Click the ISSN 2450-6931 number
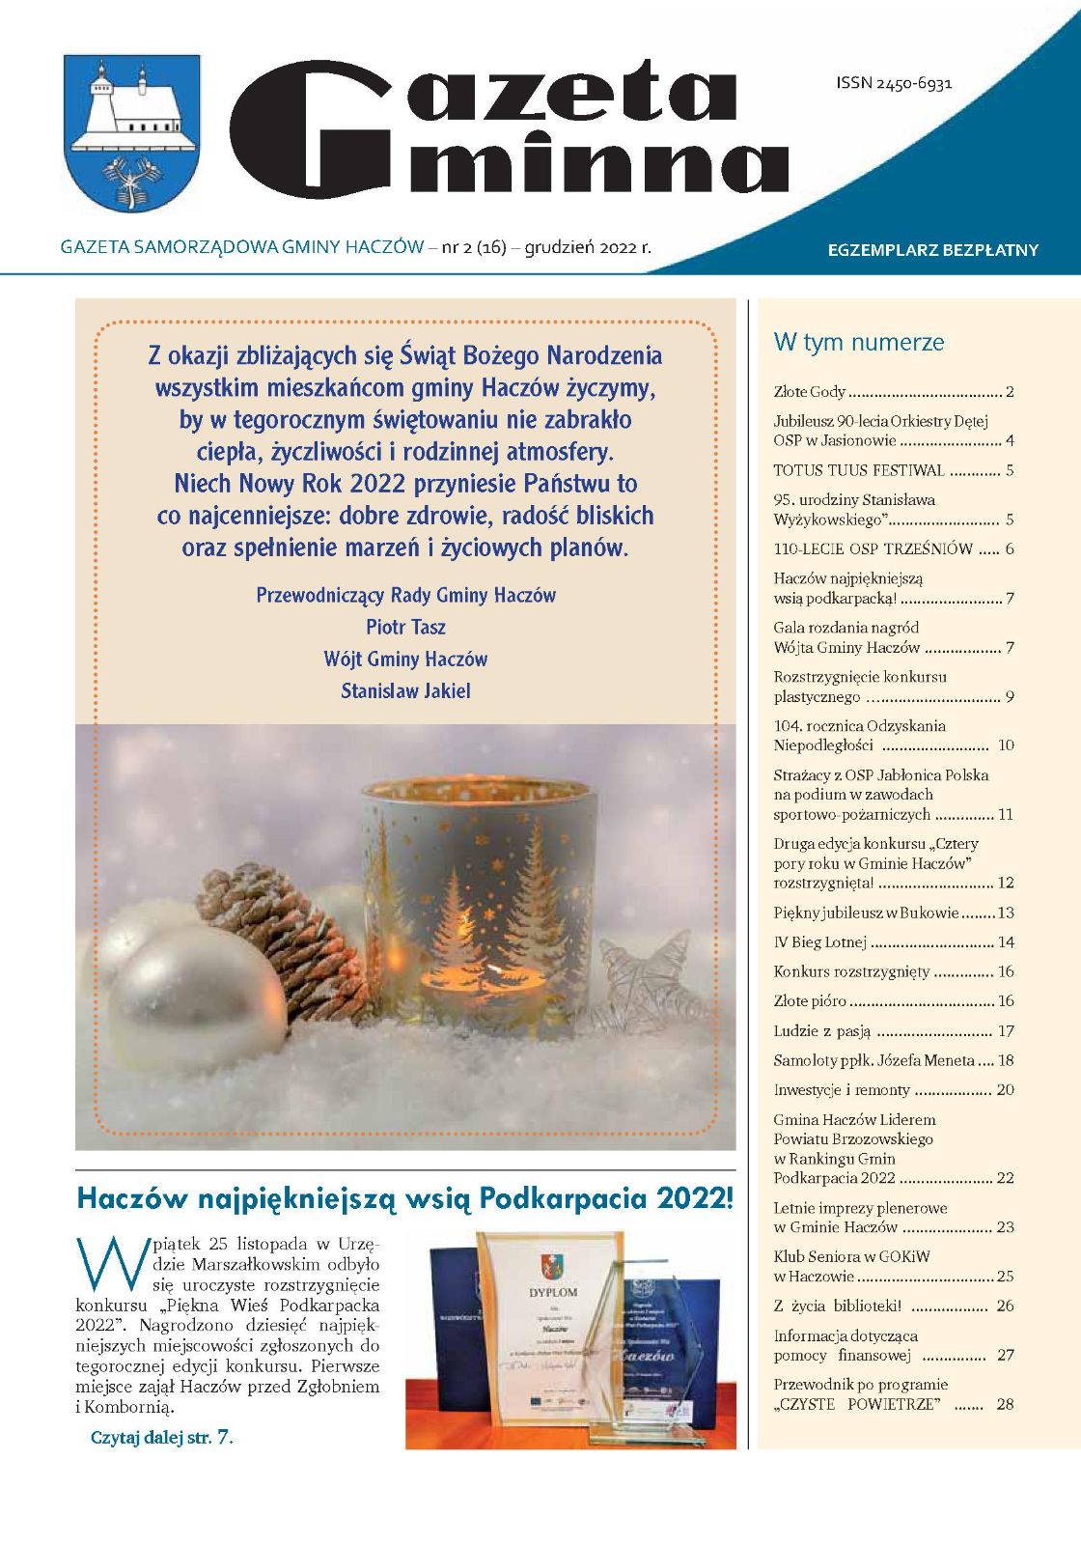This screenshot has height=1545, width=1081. (x=894, y=83)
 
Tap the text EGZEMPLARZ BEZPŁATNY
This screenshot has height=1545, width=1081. (x=932, y=250)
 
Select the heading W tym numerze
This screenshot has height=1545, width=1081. (x=858, y=342)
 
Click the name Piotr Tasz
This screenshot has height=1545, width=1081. (x=405, y=627)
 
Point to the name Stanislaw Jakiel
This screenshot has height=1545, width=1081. (x=405, y=690)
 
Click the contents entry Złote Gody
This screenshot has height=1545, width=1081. (x=809, y=392)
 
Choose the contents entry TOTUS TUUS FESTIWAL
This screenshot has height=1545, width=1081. (x=858, y=470)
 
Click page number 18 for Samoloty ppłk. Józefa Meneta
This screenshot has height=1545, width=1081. (x=1006, y=1060)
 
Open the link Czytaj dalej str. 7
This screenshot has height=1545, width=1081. (x=161, y=1437)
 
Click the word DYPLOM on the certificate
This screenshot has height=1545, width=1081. (x=553, y=1292)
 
